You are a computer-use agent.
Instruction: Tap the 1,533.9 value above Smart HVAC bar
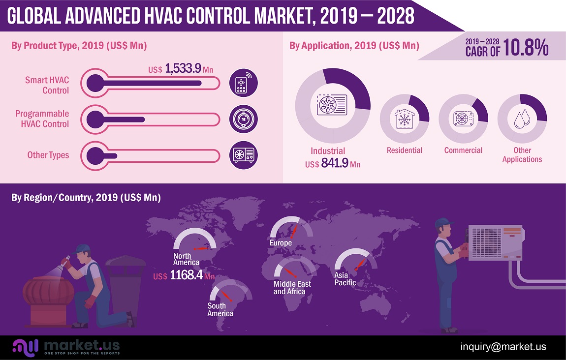tap(183, 69)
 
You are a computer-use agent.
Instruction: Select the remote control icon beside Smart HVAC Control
tap(244, 83)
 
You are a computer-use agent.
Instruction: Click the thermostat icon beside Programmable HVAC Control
tap(244, 119)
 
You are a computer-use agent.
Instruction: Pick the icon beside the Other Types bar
tap(244, 155)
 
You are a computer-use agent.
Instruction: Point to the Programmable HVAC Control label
tap(42, 119)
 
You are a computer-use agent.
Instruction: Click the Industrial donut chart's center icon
tap(332, 104)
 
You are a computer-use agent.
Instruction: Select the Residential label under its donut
tap(405, 150)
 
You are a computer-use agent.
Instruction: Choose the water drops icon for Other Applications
tap(522, 119)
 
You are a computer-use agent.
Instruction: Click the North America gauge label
tap(186, 259)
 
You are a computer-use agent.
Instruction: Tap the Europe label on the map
tap(281, 243)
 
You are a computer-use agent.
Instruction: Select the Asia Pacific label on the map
tap(345, 279)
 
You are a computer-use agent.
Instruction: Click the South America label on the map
tap(220, 309)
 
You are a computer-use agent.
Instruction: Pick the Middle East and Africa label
tap(292, 288)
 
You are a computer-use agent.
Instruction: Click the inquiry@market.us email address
tap(503, 347)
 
